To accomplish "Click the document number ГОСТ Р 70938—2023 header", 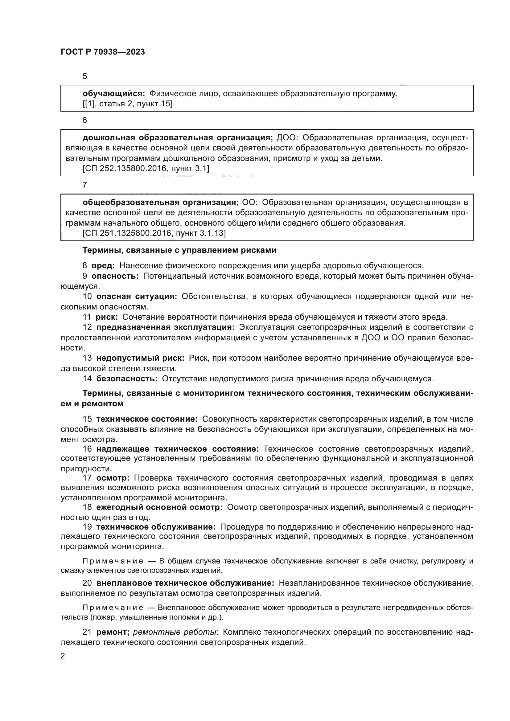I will (103, 52).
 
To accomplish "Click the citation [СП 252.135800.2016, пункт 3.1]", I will (146, 169).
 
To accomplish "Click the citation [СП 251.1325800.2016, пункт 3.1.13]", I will (154, 233).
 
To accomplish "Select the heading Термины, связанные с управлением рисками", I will (179, 250).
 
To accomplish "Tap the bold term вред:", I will (103, 266).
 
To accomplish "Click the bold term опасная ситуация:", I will (137, 297).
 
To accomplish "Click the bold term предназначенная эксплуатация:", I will (165, 328).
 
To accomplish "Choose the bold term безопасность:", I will (126, 379).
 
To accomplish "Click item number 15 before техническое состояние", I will (87, 419).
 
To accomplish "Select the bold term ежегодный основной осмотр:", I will (159, 507).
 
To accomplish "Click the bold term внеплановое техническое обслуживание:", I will (185, 583).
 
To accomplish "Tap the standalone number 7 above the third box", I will (84, 185).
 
